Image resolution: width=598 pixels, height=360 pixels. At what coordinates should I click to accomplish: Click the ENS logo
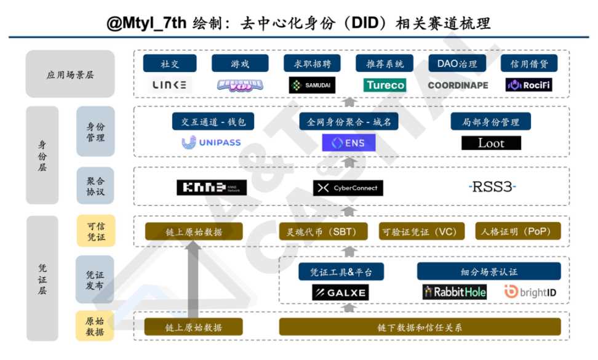(x=348, y=143)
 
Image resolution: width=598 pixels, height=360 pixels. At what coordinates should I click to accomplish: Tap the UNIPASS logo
(x=212, y=143)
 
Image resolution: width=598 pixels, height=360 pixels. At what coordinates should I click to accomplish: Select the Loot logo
(x=491, y=143)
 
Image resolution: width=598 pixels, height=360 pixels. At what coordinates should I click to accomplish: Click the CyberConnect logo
(x=348, y=188)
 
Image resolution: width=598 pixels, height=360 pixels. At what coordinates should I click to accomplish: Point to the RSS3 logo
(x=492, y=186)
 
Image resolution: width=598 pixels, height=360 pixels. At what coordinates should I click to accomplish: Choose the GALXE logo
(x=340, y=292)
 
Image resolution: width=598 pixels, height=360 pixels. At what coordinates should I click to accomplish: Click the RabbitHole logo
(x=454, y=292)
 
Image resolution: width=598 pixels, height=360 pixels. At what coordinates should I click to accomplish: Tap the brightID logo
(x=530, y=292)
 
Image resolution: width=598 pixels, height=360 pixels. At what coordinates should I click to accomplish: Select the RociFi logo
(x=528, y=85)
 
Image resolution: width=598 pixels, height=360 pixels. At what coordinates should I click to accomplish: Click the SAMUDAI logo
(x=312, y=85)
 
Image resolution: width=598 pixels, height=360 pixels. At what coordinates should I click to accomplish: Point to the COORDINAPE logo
(x=458, y=85)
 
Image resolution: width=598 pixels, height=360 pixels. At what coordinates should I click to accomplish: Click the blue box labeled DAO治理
(x=456, y=63)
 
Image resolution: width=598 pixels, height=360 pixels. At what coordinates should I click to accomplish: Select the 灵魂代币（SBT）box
(x=323, y=231)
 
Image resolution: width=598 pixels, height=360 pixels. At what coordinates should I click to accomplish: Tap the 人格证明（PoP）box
(x=518, y=231)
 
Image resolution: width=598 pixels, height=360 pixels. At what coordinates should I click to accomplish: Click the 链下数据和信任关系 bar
(x=420, y=327)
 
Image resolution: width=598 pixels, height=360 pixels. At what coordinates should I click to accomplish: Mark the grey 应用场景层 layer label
(x=70, y=74)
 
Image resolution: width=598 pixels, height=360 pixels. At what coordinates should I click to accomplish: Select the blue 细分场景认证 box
(x=488, y=271)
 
